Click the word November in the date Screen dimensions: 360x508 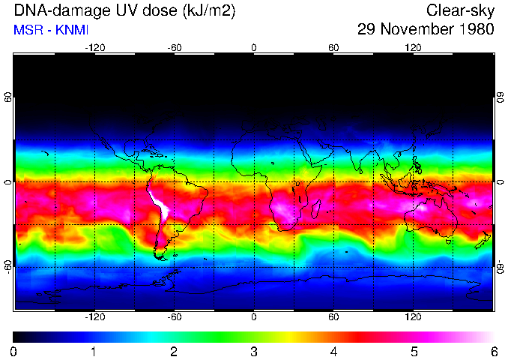(415, 30)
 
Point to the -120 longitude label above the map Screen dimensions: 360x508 (94, 47)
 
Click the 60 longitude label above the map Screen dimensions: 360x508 (333, 47)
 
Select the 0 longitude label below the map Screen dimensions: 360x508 (254, 317)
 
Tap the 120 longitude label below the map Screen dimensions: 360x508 (413, 317)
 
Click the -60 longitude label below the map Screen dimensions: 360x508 (174, 317)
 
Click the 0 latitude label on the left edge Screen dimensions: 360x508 (8, 182)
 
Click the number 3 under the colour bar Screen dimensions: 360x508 (254, 351)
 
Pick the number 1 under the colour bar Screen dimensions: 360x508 (94, 351)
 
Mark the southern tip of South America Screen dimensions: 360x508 (160, 256)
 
